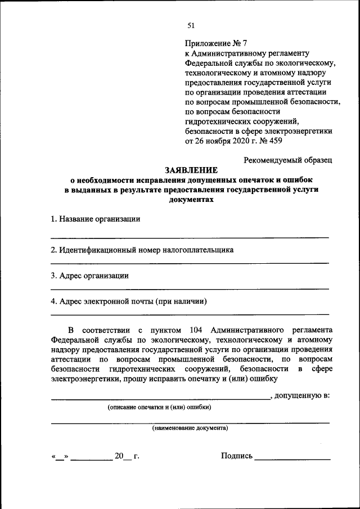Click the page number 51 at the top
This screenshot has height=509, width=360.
pos(190,25)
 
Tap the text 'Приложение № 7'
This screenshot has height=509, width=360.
pos(216,43)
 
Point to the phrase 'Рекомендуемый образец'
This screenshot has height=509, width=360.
pos(287,159)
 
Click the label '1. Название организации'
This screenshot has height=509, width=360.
pos(95,219)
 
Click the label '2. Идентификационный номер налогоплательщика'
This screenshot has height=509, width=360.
pos(142,249)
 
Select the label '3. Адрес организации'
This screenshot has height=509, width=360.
pos(89,276)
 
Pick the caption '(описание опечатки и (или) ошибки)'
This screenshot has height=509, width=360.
pos(160,407)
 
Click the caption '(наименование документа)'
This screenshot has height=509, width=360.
pos(190,428)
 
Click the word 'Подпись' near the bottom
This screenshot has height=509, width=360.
pos(237,456)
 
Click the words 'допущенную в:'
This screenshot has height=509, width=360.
pos(303,395)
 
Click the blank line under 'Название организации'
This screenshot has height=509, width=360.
pos(190,237)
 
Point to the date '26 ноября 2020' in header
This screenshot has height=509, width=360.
pos(211,140)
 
